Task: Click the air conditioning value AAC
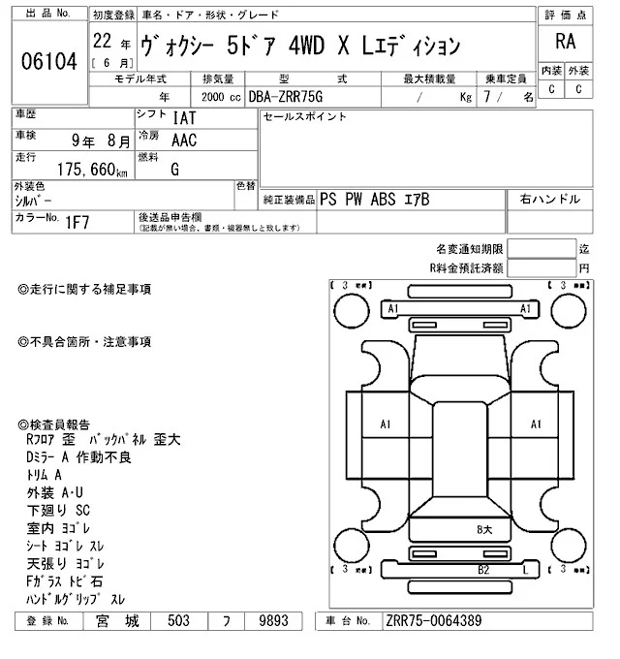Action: [x=184, y=141]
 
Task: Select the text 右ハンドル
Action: [x=550, y=199]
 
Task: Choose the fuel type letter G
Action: [x=175, y=170]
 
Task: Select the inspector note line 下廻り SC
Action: [x=57, y=508]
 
